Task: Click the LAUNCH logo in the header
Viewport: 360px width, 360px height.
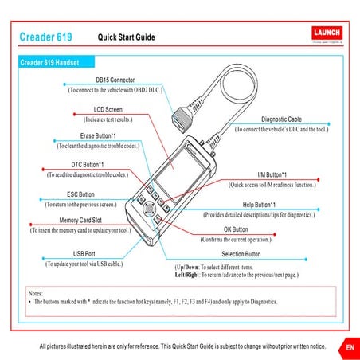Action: tap(322, 34)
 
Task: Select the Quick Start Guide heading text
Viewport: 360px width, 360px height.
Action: tap(126, 37)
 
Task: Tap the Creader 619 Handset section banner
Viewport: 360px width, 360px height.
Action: tap(55, 62)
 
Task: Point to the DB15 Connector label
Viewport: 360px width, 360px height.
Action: tap(115, 80)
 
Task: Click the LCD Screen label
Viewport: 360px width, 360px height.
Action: tap(108, 108)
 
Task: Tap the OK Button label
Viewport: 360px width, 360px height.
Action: tap(237, 229)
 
